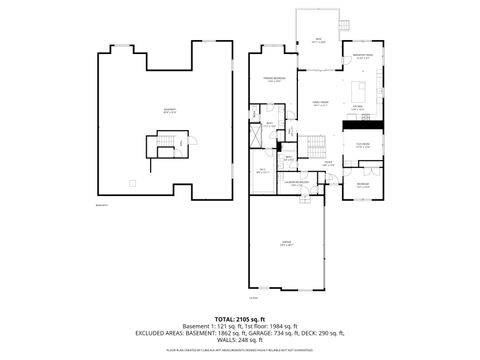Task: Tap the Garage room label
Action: tap(287, 245)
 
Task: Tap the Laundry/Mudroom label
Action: tap(293, 183)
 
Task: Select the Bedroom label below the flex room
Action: tap(362, 184)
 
